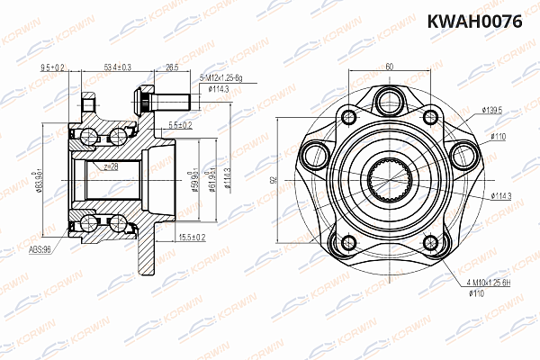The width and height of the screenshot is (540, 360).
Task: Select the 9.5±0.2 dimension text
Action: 54,67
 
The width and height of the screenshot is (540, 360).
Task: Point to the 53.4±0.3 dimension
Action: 118,67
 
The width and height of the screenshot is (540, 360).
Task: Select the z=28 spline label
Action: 111,167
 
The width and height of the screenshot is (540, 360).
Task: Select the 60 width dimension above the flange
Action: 389,66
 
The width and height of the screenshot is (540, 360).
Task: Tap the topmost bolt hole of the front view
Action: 389,99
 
